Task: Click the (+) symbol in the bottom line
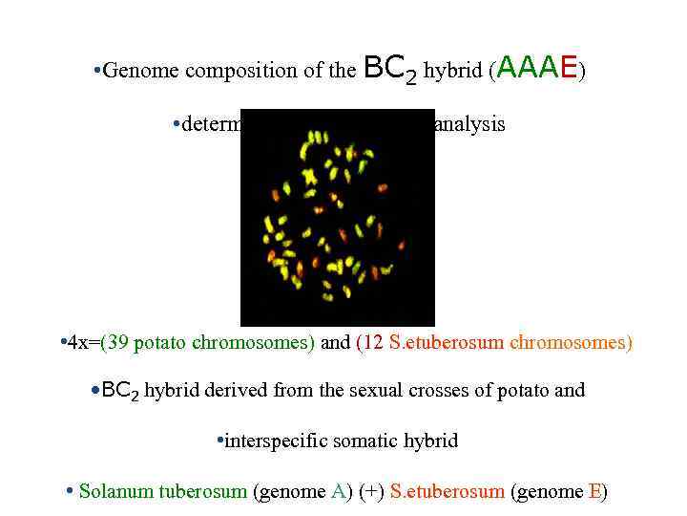click(x=372, y=492)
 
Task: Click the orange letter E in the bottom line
click(x=595, y=492)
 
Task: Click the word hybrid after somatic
click(x=424, y=441)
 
